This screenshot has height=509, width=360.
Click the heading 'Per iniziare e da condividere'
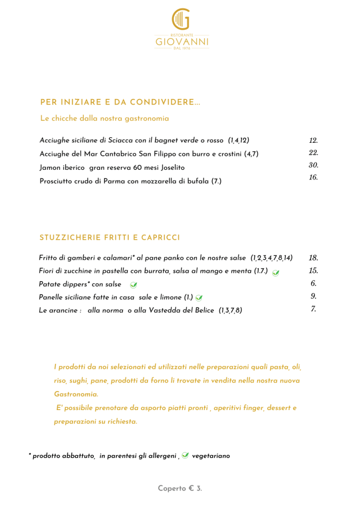120,102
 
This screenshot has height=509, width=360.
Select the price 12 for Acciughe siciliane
313,141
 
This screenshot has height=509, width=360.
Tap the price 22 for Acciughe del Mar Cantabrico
313,153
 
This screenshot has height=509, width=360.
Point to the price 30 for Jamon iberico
313,165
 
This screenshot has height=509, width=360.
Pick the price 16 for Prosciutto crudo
313,178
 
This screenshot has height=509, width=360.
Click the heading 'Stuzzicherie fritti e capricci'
110,238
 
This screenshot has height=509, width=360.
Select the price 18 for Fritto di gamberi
313,258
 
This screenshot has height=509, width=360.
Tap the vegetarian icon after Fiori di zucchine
276,272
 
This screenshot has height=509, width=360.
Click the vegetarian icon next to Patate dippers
134,285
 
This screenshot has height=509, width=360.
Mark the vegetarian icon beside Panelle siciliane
199,298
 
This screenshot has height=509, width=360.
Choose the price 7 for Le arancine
313,309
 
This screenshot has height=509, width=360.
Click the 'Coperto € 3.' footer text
180,489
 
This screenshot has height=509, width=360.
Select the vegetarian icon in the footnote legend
185,456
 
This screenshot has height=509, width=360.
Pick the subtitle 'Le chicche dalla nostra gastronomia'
105,119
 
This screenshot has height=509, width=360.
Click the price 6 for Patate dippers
313,283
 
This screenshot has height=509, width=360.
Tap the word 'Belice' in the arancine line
204,310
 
